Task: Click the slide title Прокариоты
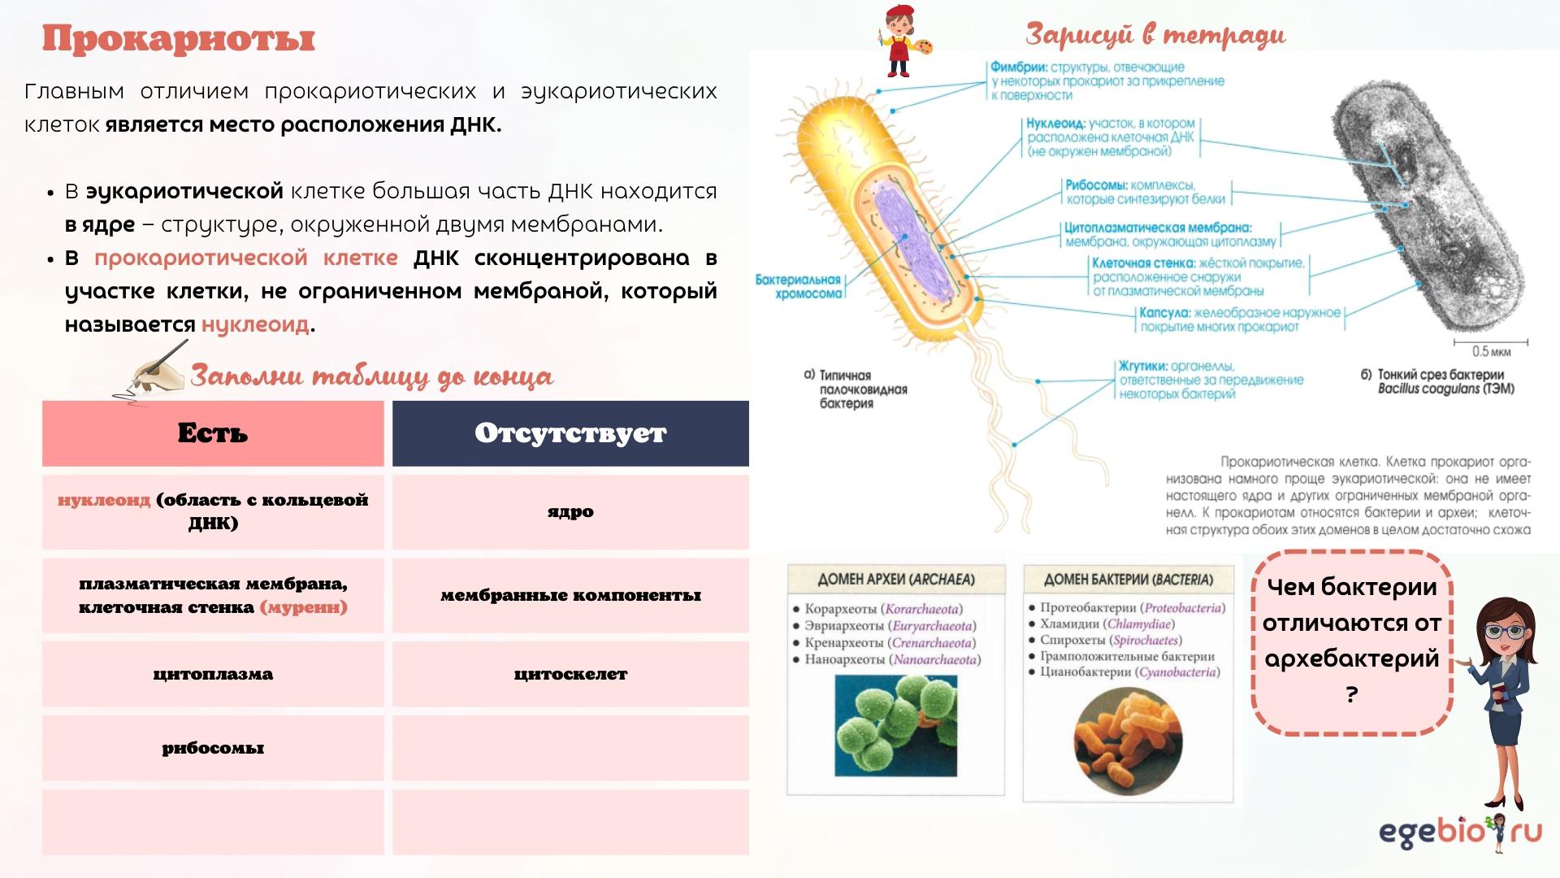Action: pyautogui.click(x=179, y=38)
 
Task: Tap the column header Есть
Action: pyautogui.click(x=213, y=433)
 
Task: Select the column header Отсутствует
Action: pyautogui.click(x=570, y=433)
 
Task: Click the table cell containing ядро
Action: pyautogui.click(x=570, y=512)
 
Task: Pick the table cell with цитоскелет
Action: pyautogui.click(x=570, y=674)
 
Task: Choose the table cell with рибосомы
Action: pyautogui.click(x=213, y=748)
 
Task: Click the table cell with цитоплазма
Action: pyautogui.click(x=213, y=674)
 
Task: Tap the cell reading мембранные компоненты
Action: pyautogui.click(x=570, y=595)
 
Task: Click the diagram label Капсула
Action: pyautogui.click(x=1164, y=313)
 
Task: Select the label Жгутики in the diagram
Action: pyautogui.click(x=1143, y=366)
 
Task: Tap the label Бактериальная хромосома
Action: pyautogui.click(x=799, y=286)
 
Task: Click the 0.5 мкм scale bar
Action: pyautogui.click(x=1491, y=341)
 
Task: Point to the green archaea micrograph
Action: pyautogui.click(x=896, y=725)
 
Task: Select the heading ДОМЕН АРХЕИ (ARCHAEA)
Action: pyautogui.click(x=895, y=580)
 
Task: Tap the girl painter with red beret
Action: pyautogui.click(x=905, y=40)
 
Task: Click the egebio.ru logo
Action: pyautogui.click(x=1460, y=832)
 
